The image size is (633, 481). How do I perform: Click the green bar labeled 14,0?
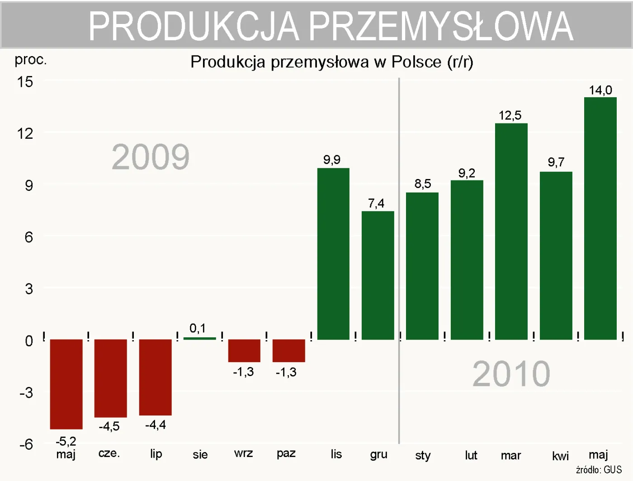tap(600, 218)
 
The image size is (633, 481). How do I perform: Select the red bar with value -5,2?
tap(66, 384)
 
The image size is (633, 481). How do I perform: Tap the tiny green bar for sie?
tap(199, 338)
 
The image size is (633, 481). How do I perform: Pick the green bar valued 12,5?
tap(511, 231)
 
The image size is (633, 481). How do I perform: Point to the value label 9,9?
tap(331, 160)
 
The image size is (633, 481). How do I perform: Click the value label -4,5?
tap(109, 426)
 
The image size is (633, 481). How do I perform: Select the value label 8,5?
tap(422, 184)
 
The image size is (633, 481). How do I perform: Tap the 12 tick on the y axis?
tap(25, 133)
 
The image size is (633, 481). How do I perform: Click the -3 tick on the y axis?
tap(26, 392)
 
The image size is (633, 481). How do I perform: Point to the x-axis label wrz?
tap(243, 453)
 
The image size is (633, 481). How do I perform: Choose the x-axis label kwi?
tap(560, 456)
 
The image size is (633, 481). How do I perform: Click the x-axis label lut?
tap(471, 455)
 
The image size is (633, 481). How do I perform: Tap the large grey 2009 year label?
tap(151, 157)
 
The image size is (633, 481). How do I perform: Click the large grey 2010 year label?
tap(511, 374)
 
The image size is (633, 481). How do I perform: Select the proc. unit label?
tap(30, 59)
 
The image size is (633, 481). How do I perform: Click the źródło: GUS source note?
tap(599, 470)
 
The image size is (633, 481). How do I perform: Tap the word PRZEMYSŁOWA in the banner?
tap(441, 26)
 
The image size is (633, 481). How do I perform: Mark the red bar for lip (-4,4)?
tap(155, 377)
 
